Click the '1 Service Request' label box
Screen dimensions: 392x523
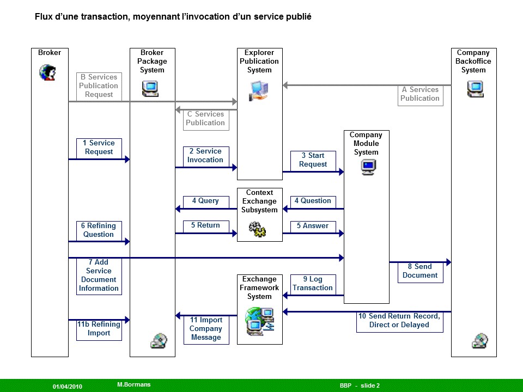click(99, 148)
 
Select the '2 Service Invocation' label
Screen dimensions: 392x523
click(205, 156)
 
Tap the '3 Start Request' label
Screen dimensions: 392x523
click(313, 160)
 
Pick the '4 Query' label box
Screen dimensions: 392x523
click(205, 201)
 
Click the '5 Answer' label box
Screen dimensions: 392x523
click(313, 226)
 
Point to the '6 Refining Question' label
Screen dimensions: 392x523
click(99, 230)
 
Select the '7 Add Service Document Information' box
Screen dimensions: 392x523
click(99, 275)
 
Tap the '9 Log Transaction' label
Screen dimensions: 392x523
click(313, 284)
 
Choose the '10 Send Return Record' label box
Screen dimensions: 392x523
click(399, 321)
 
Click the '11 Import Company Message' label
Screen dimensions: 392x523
click(206, 329)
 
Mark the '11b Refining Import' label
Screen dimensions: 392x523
click(99, 329)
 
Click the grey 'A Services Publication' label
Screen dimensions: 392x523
click(420, 94)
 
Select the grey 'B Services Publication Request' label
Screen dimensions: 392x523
click(99, 86)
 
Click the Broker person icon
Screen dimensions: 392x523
click(47, 72)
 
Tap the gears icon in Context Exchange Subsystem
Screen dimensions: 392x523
click(257, 229)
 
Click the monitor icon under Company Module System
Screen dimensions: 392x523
click(368, 167)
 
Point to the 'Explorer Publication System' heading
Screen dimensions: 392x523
click(259, 62)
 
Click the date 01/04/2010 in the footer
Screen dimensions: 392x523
click(67, 386)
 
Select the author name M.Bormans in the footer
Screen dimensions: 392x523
click(134, 385)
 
